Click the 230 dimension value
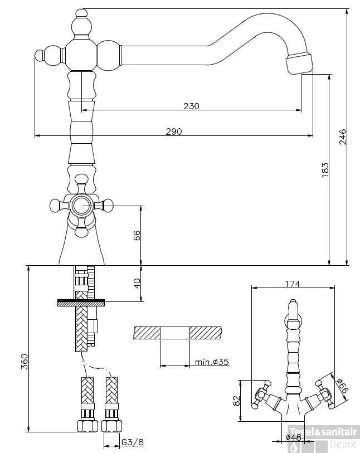(x=191, y=106)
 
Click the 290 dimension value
(x=174, y=131)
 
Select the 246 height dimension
(x=343, y=137)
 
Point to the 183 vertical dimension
(x=325, y=170)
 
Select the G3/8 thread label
(x=133, y=443)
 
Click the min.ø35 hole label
(x=212, y=362)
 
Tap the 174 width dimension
(x=293, y=284)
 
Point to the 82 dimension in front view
(x=236, y=401)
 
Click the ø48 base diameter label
(x=294, y=437)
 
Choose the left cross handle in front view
(x=262, y=393)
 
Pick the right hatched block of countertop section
(x=205, y=333)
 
